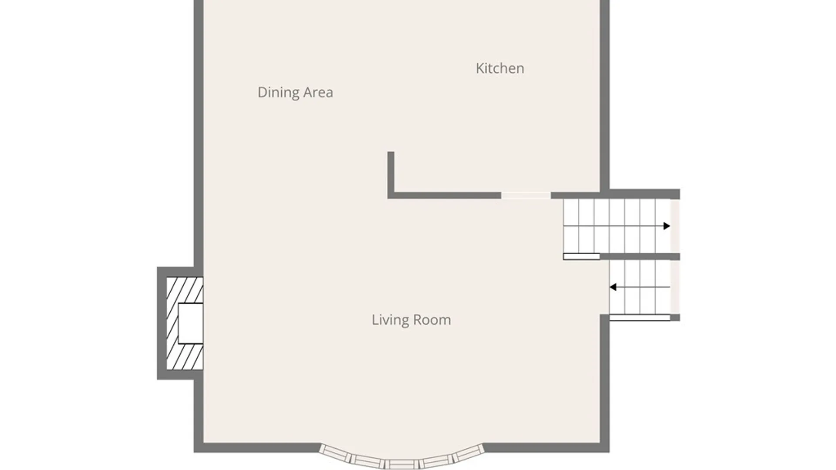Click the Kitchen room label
(x=500, y=68)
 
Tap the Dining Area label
(x=295, y=92)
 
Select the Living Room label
(x=411, y=320)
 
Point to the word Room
(x=432, y=320)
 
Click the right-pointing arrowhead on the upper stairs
(x=667, y=226)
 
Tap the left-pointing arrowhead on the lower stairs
(x=613, y=287)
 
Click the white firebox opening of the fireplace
(x=191, y=323)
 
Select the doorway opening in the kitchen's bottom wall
(x=526, y=195)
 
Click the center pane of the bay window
(x=401, y=464)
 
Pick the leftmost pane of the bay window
(x=334, y=453)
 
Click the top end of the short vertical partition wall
(x=391, y=152)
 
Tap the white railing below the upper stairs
(x=581, y=257)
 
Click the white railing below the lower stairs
(x=640, y=318)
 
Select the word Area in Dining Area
(x=318, y=92)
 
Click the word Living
(x=390, y=320)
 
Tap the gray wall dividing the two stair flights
(x=640, y=257)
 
